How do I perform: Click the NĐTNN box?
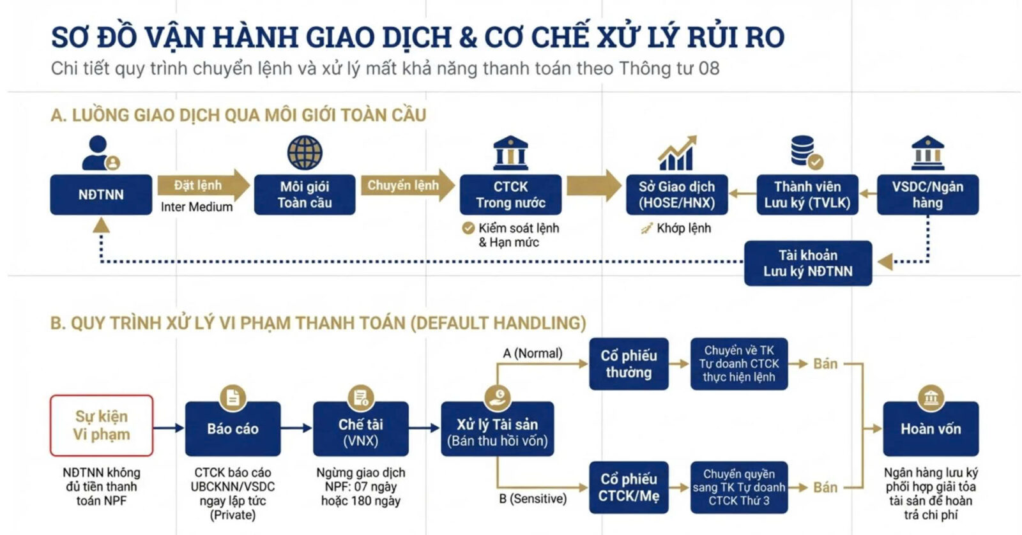101,195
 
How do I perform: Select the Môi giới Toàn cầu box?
304,195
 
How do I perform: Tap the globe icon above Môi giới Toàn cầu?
305,153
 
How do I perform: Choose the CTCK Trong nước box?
510,195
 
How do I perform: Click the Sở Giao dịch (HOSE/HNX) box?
676,195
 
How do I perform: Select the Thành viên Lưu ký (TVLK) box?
807,195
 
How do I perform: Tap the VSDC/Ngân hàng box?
927,195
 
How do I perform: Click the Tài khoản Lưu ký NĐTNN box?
807,263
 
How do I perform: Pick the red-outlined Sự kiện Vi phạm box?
102,425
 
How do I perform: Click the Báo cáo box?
233,428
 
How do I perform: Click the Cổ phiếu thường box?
629,364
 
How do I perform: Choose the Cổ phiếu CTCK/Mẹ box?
629,487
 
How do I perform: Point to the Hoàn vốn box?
931,428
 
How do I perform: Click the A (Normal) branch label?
533,353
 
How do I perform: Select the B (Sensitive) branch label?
533,499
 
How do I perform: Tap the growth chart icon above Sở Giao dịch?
677,153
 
